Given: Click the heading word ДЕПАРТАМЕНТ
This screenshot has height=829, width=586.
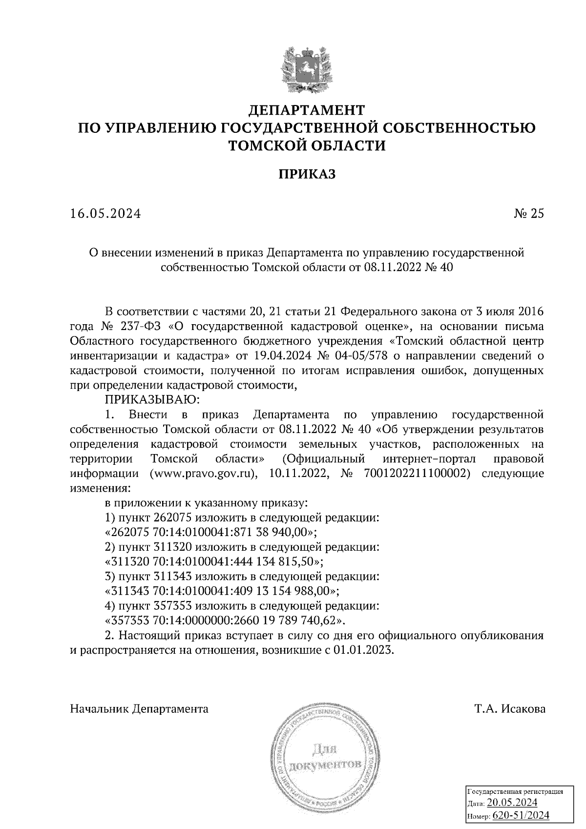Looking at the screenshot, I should click(x=307, y=109).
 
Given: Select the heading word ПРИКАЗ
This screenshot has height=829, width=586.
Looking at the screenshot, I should click(x=307, y=174).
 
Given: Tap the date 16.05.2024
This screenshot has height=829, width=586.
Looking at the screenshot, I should click(x=105, y=214).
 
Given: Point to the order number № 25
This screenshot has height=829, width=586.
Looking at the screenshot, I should click(x=529, y=214).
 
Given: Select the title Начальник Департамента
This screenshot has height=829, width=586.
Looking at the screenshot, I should click(x=139, y=709).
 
